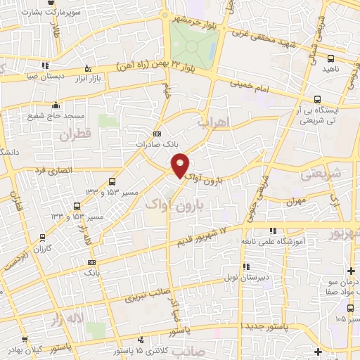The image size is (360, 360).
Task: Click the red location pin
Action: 180,165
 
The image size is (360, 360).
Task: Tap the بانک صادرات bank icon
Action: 156,134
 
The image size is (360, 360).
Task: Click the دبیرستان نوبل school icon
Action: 245,266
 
